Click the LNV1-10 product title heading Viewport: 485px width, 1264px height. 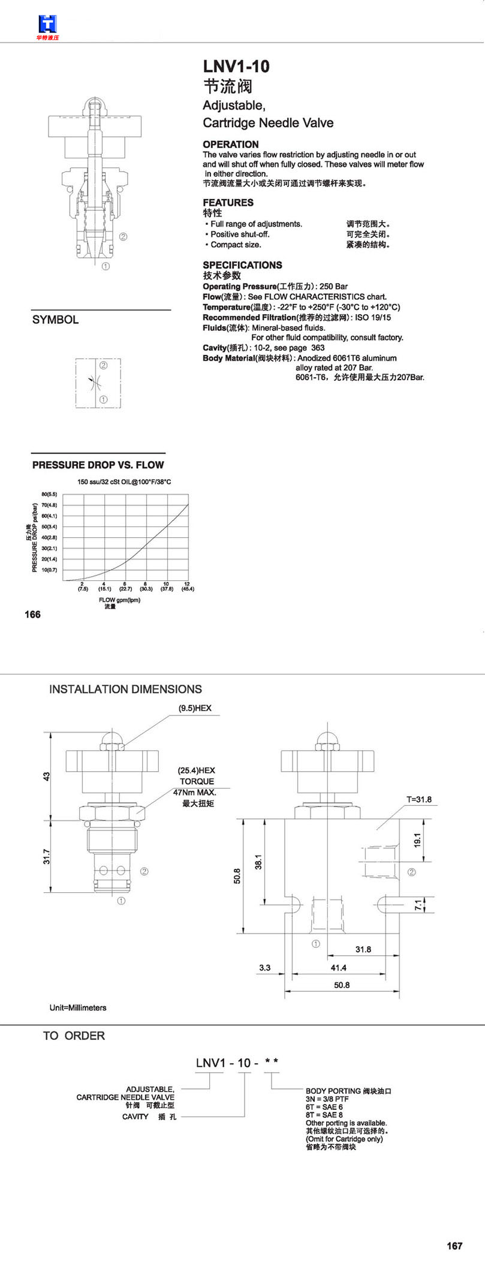point(236,67)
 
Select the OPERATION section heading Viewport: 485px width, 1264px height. point(231,145)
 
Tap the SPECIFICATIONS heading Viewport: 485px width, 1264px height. point(242,265)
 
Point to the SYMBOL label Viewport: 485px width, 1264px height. point(55,320)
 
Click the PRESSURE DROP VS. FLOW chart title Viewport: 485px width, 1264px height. point(98,465)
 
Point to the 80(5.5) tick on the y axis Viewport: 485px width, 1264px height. point(49,494)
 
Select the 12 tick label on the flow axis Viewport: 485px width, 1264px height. point(187,584)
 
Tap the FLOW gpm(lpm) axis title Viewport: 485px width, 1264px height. point(119,600)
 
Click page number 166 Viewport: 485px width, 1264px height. point(32,615)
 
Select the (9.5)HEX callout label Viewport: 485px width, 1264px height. point(195,708)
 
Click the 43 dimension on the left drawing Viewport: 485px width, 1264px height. point(47,776)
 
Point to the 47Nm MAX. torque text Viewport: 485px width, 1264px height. point(195,792)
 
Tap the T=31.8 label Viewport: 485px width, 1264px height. point(419,799)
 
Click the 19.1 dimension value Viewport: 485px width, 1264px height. point(418,840)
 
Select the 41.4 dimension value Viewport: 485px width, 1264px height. point(339,968)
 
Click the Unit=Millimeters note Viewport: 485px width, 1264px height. point(78,1008)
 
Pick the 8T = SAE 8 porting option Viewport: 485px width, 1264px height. point(324,1115)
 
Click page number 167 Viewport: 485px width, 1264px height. point(455,1246)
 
